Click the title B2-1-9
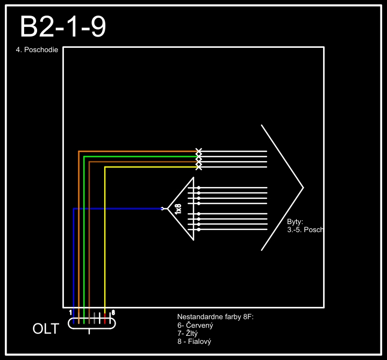(63, 27)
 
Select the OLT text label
(46, 329)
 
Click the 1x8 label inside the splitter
(178, 209)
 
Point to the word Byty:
(295, 221)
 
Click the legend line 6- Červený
(195, 326)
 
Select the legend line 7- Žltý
(189, 334)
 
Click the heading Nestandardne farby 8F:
(215, 318)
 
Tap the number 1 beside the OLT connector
(70, 312)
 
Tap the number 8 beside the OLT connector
(113, 312)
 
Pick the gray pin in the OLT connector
(95, 317)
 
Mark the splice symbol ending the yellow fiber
(199, 167)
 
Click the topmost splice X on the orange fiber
(199, 151)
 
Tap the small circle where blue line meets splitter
(162, 208)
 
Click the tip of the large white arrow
(303, 188)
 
